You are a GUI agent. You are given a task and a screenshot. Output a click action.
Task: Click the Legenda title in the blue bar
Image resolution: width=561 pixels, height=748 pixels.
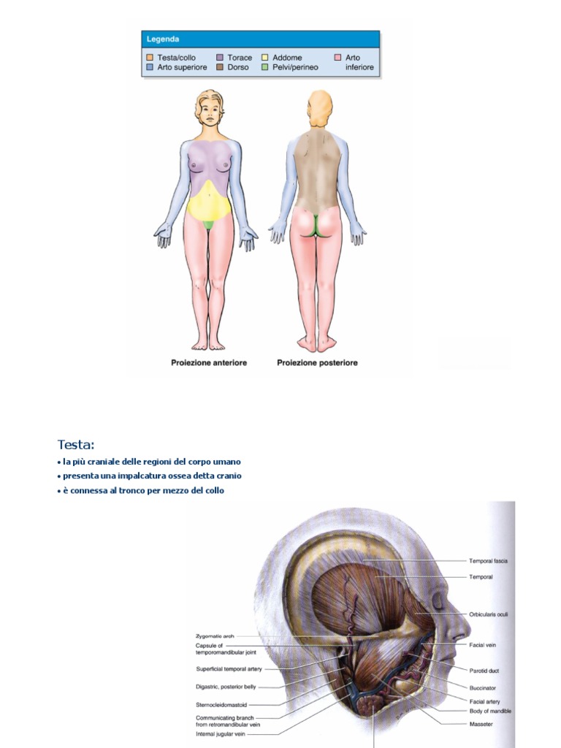pyautogui.click(x=163, y=39)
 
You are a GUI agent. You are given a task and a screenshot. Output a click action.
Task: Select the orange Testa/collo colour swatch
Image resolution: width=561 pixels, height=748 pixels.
pyautogui.click(x=150, y=58)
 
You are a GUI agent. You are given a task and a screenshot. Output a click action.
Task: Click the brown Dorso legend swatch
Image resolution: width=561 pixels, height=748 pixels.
pyautogui.click(x=220, y=67)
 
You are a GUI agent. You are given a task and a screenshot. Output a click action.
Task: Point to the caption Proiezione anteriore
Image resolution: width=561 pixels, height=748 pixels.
pyautogui.click(x=208, y=362)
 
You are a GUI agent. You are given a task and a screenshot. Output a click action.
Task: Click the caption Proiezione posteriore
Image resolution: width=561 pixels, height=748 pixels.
pyautogui.click(x=317, y=362)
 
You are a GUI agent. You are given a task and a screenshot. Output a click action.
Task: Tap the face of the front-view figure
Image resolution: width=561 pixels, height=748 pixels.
pyautogui.click(x=210, y=113)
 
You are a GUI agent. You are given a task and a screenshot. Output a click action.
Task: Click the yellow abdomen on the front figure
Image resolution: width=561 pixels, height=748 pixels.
pyautogui.click(x=210, y=201)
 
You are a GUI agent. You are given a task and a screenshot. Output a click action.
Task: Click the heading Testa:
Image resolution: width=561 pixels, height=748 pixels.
pyautogui.click(x=76, y=445)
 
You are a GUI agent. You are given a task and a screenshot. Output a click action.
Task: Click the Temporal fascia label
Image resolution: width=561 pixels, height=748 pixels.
pyautogui.click(x=488, y=561)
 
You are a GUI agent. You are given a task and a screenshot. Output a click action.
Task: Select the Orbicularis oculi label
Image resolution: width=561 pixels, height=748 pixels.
pyautogui.click(x=488, y=615)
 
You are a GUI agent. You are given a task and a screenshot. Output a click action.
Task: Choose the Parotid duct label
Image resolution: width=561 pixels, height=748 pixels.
pyautogui.click(x=484, y=671)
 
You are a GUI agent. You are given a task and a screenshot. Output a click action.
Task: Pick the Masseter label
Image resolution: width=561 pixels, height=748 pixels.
pyautogui.click(x=481, y=724)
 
